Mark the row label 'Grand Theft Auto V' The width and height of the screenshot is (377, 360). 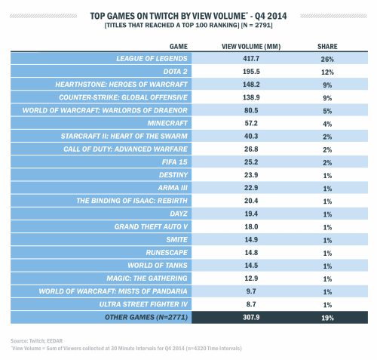(151, 226)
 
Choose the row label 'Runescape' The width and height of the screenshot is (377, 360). (167, 252)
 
